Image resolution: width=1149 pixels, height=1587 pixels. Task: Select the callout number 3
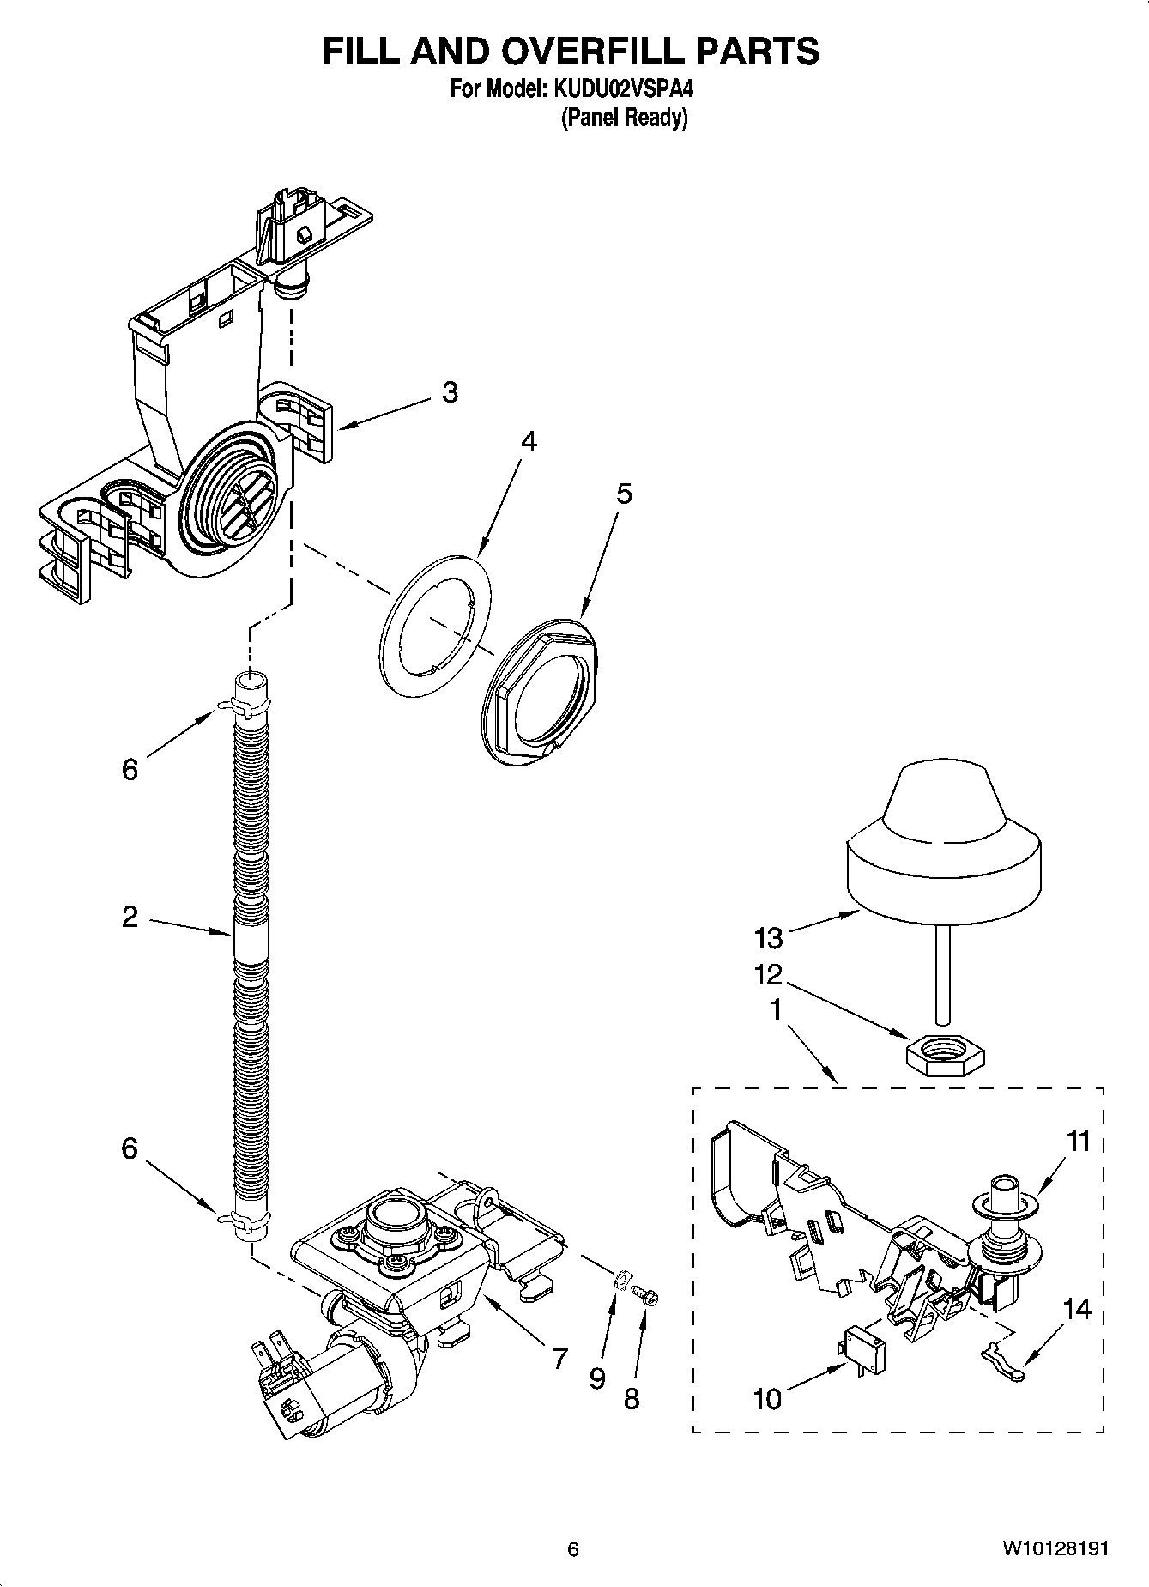pos(450,392)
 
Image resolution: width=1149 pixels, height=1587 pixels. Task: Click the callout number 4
pos(529,442)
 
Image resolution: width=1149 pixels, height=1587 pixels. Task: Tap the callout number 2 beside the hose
pos(130,917)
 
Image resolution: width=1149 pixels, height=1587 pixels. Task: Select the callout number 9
pos(598,1378)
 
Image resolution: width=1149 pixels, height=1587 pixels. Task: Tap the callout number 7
pos(559,1358)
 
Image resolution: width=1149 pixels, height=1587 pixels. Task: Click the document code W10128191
pos(1055,1549)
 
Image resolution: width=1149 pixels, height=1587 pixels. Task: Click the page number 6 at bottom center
pos(573,1549)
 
